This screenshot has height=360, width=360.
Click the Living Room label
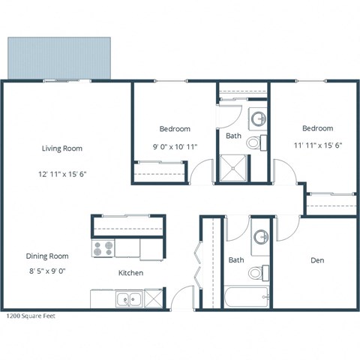[x=61, y=148]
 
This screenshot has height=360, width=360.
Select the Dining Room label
[x=47, y=256]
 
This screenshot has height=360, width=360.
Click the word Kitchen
[x=130, y=273]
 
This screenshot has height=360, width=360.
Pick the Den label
[x=317, y=260]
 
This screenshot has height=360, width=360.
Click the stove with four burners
[x=103, y=247]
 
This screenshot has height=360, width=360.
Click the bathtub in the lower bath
[x=246, y=298]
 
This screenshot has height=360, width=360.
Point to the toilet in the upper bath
[x=253, y=142]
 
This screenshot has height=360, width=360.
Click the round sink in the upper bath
[x=257, y=118]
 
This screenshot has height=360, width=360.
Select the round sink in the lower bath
[x=261, y=238]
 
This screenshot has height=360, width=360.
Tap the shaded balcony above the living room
[x=60, y=57]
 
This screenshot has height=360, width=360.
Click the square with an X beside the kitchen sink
[x=153, y=298]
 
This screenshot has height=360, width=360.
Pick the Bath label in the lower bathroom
[x=236, y=260]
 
